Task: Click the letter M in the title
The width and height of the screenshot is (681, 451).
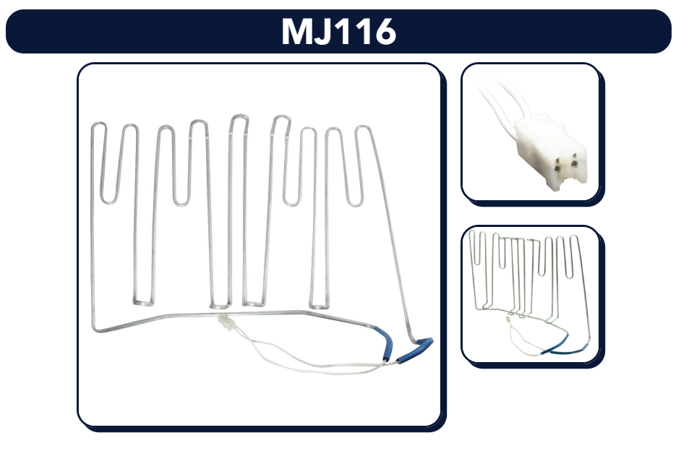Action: [x=299, y=31]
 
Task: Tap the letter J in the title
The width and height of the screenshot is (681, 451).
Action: [x=326, y=32]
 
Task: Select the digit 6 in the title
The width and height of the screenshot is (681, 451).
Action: [x=385, y=32]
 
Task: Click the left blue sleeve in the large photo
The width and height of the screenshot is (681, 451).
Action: [x=385, y=343]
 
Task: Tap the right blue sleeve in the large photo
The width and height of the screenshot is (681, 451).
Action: [x=415, y=349]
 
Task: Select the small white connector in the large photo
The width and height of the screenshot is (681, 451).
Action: [x=226, y=322]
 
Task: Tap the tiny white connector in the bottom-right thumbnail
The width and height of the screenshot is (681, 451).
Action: [x=507, y=319]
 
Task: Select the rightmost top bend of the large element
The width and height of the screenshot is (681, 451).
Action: [x=363, y=128]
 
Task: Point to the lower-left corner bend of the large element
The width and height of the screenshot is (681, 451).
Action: [x=96, y=328]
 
